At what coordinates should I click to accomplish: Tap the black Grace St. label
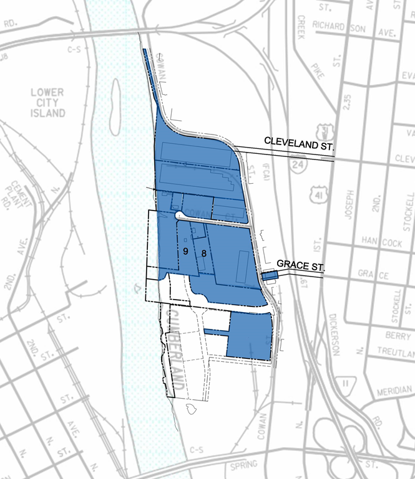301,267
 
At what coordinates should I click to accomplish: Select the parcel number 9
185,250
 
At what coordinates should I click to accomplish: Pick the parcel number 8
204,253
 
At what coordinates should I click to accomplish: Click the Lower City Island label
47,103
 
